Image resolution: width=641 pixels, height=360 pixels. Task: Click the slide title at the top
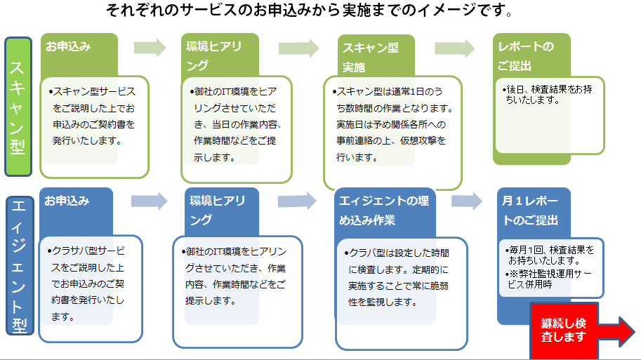pyautogui.click(x=310, y=11)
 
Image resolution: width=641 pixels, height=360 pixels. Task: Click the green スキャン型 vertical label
pyautogui.click(x=18, y=107)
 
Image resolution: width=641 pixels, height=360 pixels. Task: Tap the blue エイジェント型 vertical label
pyautogui.click(x=20, y=265)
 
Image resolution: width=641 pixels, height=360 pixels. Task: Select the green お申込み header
pyautogui.click(x=68, y=46)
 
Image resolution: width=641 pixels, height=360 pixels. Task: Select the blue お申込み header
pyautogui.click(x=67, y=201)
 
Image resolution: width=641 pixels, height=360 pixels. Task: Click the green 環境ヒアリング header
pyautogui.click(x=214, y=56)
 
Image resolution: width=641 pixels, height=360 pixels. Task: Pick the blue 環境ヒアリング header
pyautogui.click(x=217, y=210)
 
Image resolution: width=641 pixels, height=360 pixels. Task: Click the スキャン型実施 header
pyautogui.click(x=371, y=58)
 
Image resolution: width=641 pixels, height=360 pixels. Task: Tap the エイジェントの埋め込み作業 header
pyautogui.click(x=384, y=211)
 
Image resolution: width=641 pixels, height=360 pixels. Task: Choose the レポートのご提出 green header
pyautogui.click(x=526, y=56)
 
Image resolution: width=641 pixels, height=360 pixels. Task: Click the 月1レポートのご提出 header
pyautogui.click(x=530, y=211)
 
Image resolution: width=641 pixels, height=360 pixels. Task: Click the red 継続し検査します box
pyautogui.click(x=564, y=331)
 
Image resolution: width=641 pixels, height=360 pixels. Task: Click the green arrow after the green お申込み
pyautogui.click(x=150, y=48)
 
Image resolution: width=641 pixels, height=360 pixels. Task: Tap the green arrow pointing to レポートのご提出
pyautogui.click(x=454, y=48)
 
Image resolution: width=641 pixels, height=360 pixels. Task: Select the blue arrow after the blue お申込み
pyautogui.click(x=150, y=201)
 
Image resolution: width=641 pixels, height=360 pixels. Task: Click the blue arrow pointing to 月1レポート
pyautogui.click(x=467, y=201)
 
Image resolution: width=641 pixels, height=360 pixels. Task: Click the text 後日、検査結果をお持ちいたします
pyautogui.click(x=548, y=95)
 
